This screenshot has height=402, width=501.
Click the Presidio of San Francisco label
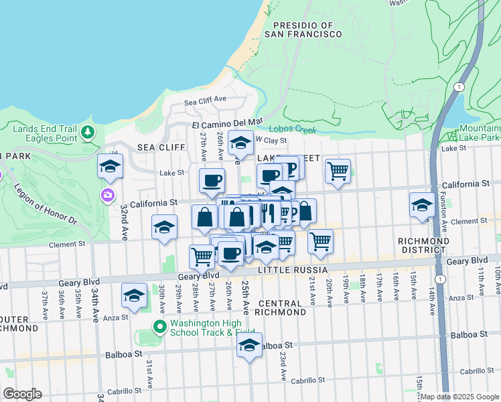coord(303,29)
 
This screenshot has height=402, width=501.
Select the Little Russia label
coord(293,269)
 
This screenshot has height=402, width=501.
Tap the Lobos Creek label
coord(292,129)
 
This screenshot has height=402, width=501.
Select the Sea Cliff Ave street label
coord(206,100)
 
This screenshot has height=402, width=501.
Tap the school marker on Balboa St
coord(249,345)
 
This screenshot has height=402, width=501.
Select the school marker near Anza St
coord(134,295)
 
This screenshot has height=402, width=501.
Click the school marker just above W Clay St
coord(240,142)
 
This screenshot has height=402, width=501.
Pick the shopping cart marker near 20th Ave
coord(321,241)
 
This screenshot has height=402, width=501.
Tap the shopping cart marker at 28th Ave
coord(201,256)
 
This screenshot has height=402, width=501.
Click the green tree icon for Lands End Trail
coord(87,133)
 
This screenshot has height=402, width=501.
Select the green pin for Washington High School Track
coord(159,327)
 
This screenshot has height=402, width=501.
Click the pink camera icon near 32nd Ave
coord(106,195)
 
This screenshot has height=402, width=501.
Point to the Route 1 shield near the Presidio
coord(459,88)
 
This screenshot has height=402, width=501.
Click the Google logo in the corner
coord(22,394)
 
